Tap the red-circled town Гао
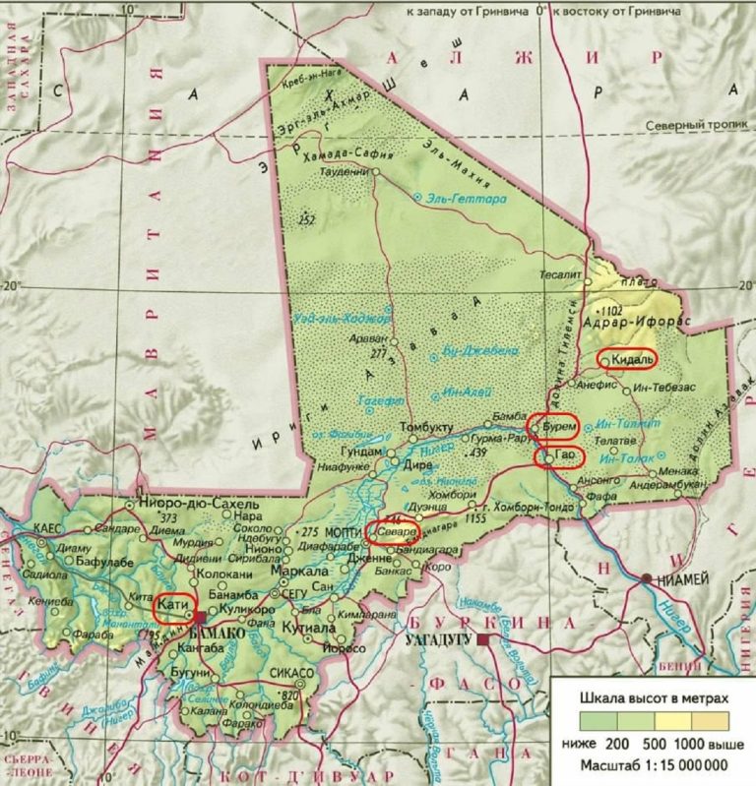(x=560, y=457)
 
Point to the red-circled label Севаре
(x=393, y=531)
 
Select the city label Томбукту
(x=426, y=428)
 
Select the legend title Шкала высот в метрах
(x=653, y=696)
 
